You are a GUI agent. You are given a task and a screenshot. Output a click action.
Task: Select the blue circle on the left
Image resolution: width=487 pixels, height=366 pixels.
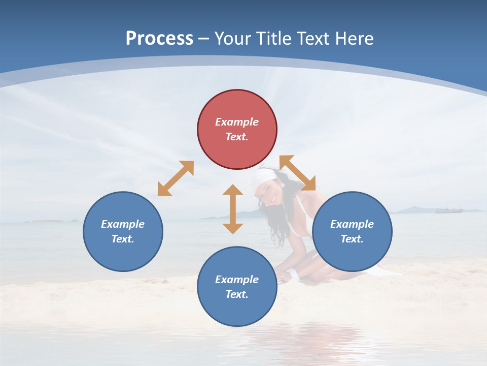tap(123, 231)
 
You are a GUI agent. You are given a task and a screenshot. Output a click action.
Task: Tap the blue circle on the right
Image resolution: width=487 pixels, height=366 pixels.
tap(352, 231)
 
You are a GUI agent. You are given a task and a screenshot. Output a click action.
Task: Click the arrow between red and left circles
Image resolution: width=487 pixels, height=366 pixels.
tap(176, 178)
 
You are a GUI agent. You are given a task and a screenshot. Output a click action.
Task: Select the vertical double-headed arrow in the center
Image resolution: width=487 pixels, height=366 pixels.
tap(233, 209)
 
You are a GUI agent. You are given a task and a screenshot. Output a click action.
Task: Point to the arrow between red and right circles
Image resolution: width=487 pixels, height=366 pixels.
tap(297, 173)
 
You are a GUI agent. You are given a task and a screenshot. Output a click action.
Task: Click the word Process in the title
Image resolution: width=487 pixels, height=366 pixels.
tap(159, 38)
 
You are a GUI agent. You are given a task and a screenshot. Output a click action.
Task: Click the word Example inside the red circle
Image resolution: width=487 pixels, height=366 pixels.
tap(237, 122)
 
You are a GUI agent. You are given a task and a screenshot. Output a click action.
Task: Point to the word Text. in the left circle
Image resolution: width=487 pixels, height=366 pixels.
tap(123, 239)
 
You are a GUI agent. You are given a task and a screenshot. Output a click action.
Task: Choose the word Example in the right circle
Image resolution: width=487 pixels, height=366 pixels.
tap(352, 224)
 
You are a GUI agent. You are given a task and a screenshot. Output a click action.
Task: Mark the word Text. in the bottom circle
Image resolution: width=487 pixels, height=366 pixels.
tap(237, 294)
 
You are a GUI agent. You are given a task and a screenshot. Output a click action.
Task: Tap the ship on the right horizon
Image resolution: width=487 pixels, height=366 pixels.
tap(449, 209)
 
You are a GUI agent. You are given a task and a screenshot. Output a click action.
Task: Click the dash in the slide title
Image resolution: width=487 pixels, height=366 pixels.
tap(203, 39)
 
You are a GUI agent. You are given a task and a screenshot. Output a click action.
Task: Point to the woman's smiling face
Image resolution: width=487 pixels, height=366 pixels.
tap(269, 193)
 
